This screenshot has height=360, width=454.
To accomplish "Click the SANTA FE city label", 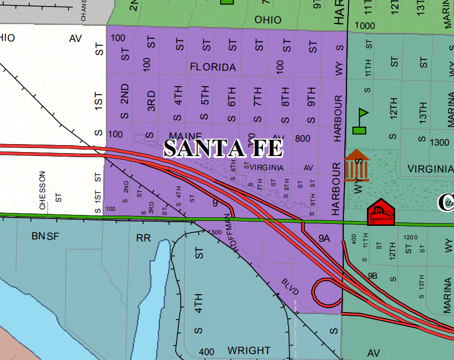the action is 223,148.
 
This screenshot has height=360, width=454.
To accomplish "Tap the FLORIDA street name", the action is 213,67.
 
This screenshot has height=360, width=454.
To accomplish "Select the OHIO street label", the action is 268,20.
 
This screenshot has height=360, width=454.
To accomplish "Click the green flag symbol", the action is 360,122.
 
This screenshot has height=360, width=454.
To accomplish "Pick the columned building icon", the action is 357,165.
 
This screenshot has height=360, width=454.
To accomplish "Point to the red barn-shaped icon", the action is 381,213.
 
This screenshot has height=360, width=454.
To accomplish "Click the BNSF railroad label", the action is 45,236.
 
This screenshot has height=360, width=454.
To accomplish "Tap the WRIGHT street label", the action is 249,351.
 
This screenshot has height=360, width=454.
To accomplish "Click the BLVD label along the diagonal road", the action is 290,286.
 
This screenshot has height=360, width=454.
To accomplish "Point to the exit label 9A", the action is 324,239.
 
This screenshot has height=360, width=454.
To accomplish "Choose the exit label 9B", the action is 373,275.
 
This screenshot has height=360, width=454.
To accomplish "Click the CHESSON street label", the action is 42,190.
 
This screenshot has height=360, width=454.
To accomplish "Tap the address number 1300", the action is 439,143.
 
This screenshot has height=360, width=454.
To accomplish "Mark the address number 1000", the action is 365,25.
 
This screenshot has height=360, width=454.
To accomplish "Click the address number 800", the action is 303,138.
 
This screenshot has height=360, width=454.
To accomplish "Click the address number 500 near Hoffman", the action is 216,232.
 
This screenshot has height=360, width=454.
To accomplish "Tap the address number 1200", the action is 411,237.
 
